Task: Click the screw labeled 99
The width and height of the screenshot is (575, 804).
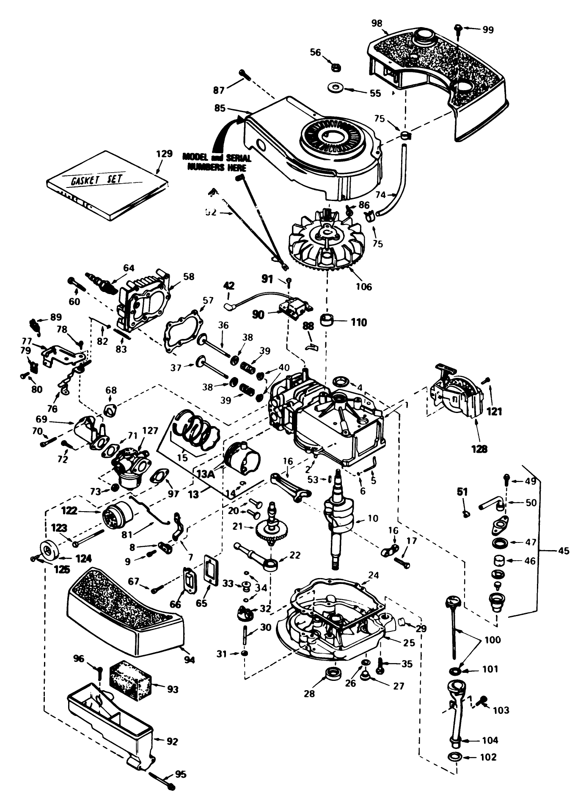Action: pyautogui.click(x=459, y=28)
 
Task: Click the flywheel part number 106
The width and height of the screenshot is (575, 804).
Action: pyautogui.click(x=364, y=286)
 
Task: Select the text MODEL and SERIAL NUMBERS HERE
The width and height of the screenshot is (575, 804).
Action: pyautogui.click(x=217, y=162)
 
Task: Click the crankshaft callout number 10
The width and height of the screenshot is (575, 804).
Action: pyautogui.click(x=372, y=518)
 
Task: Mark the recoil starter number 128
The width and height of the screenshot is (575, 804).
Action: pyautogui.click(x=480, y=449)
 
